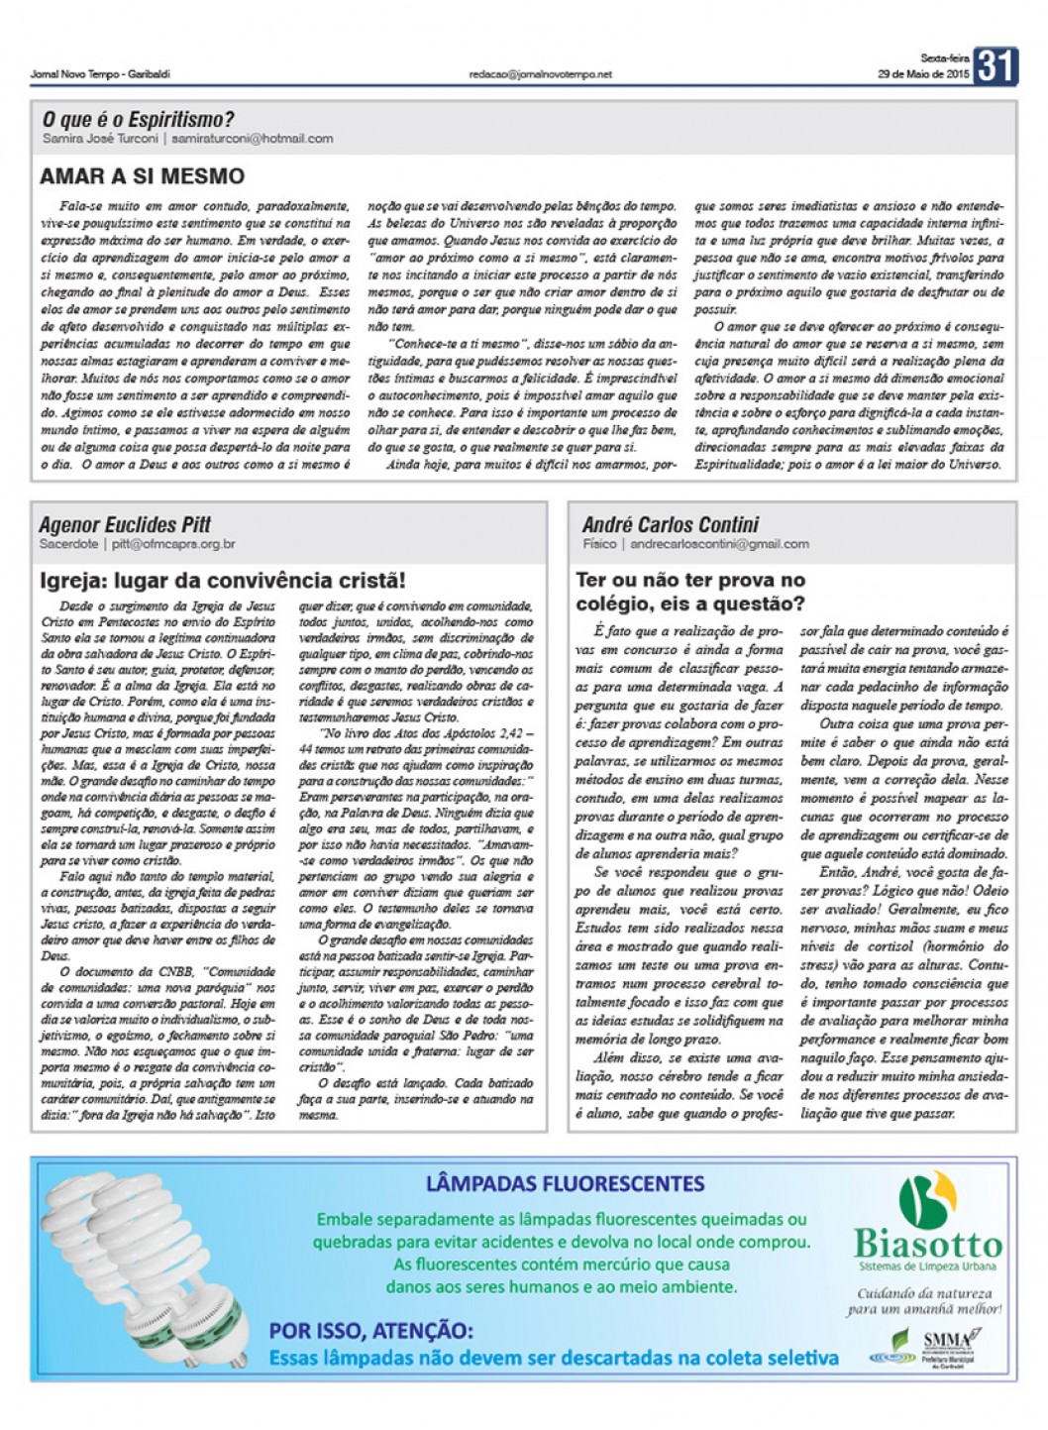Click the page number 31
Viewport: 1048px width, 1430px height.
pos(996,66)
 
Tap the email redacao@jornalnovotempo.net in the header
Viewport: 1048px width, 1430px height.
pos(541,74)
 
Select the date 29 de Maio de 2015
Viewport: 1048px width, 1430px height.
pos(923,74)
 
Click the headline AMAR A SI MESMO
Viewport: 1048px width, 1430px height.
pos(142,176)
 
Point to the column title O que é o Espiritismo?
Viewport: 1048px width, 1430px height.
pos(138,119)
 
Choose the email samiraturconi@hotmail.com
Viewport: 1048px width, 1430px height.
pos(252,139)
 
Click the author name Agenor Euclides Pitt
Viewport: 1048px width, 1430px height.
pos(125,524)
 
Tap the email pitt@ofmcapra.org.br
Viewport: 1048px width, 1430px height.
pos(173,544)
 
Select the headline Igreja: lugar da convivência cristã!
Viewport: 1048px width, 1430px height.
pos(222,581)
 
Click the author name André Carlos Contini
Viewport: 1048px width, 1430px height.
pos(671,524)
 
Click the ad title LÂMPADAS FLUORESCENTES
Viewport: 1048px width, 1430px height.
pos(565,1183)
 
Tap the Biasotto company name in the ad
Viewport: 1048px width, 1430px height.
pos(928,1244)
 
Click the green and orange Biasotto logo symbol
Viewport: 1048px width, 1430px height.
pos(927,1199)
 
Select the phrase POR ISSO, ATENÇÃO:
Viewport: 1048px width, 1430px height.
pos(370,1331)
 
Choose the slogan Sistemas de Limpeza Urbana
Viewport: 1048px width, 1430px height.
pos(927,1266)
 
